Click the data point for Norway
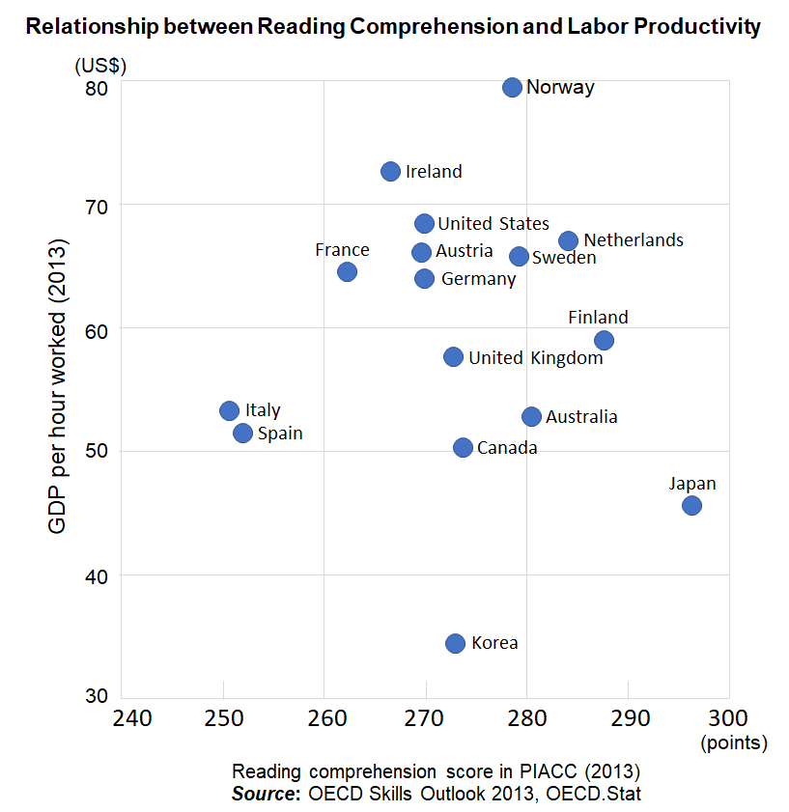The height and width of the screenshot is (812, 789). (512, 88)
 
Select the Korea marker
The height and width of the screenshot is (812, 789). (456, 643)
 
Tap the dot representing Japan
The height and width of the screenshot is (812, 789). (691, 505)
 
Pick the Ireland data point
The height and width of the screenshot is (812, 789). (390, 171)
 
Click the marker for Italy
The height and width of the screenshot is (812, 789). (229, 410)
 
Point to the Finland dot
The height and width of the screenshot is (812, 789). (604, 340)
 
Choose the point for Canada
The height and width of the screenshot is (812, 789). (463, 447)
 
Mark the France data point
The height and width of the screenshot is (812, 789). (347, 271)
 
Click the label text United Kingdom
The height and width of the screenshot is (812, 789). (535, 358)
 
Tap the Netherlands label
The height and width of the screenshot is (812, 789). (633, 240)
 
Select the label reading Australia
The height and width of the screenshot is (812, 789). (581, 417)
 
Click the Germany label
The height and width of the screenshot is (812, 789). (478, 279)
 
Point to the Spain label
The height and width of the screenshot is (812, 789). (280, 434)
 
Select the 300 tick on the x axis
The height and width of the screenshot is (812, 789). (729, 717)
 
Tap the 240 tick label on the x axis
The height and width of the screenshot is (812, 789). (131, 717)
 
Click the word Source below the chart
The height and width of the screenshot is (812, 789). (264, 794)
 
